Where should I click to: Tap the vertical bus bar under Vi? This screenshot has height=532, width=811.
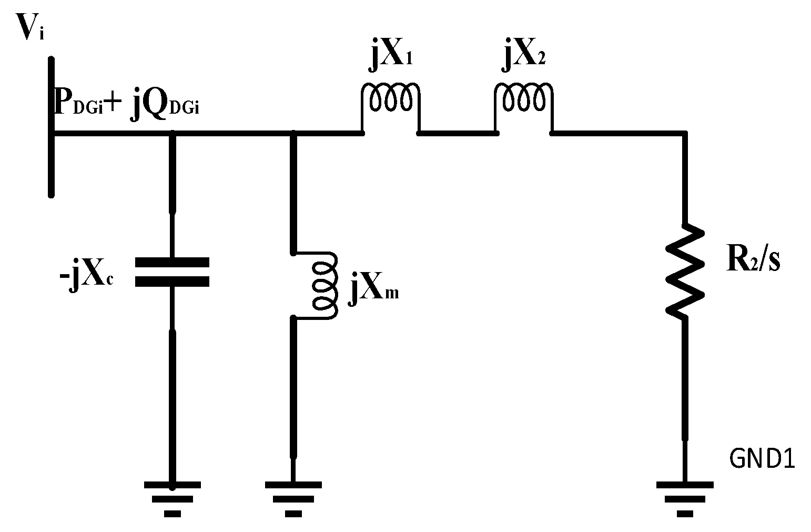pyautogui.click(x=51, y=126)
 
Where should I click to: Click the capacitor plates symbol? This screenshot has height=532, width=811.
pyautogui.click(x=172, y=272)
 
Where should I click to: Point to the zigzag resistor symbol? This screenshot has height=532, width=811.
pyautogui.click(x=684, y=270)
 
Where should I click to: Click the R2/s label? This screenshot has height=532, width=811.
pyautogui.click(x=753, y=260)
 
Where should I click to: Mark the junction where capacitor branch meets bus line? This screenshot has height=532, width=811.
pyautogui.click(x=172, y=135)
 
